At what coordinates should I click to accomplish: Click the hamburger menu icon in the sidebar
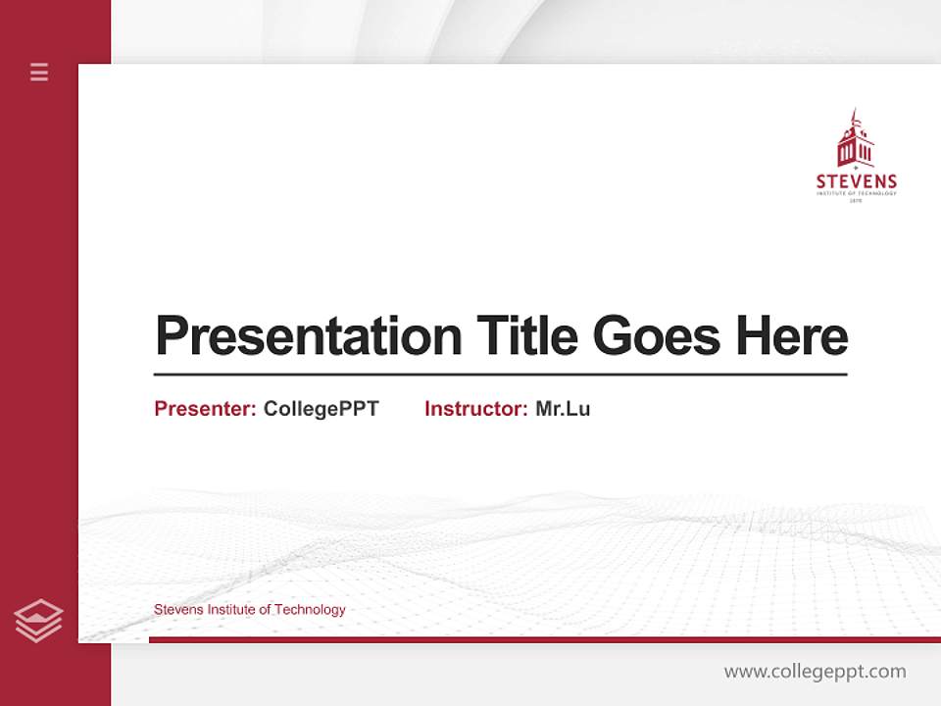[39, 72]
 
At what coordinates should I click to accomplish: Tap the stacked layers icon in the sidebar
[38, 621]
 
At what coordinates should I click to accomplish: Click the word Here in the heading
[791, 335]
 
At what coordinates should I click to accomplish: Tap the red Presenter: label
[205, 409]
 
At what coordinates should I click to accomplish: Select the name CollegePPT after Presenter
[321, 409]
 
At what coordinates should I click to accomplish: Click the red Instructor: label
[475, 409]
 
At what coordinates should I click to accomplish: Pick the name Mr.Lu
[563, 409]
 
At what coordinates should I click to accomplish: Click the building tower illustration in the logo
[855, 139]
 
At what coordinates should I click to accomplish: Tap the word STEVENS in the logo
[856, 181]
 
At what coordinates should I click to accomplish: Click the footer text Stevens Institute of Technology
[249, 610]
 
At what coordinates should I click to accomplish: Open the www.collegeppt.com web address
[815, 672]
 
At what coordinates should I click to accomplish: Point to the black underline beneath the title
[500, 374]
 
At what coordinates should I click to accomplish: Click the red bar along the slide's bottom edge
[544, 640]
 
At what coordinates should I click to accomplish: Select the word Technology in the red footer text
[310, 610]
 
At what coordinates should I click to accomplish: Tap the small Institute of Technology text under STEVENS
[856, 193]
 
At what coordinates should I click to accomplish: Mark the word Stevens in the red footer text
[177, 610]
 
